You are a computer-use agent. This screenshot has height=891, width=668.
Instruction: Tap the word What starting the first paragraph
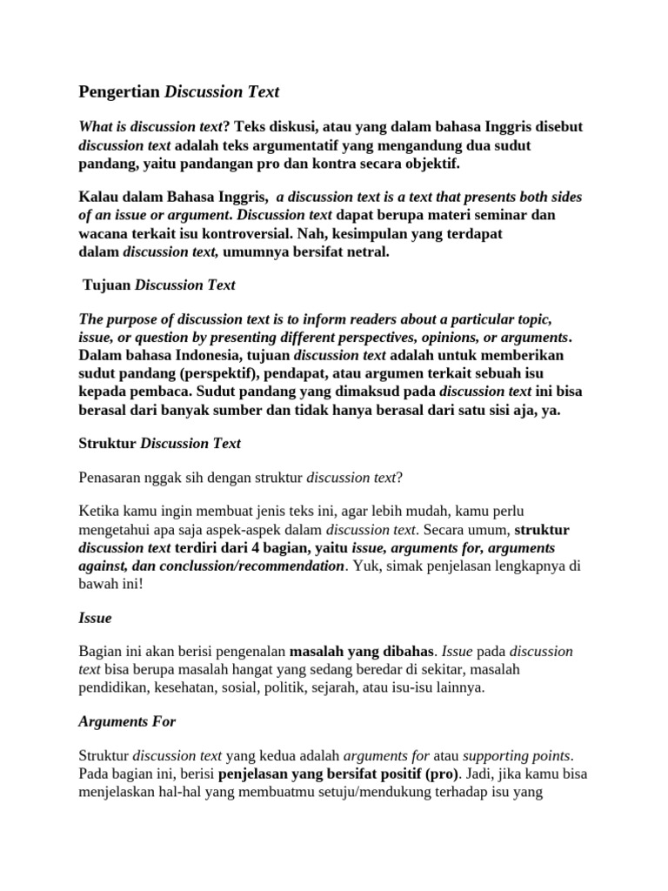tap(96, 126)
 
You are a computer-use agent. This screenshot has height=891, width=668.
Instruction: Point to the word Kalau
tap(97, 197)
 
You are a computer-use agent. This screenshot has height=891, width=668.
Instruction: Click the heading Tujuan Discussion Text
tap(158, 285)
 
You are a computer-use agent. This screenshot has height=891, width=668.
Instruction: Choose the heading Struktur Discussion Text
tap(159, 444)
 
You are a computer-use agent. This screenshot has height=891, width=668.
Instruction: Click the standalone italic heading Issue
tap(95, 618)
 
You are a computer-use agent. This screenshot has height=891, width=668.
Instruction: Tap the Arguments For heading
tap(127, 721)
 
